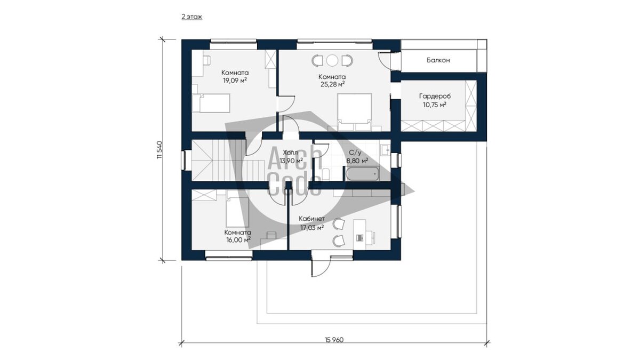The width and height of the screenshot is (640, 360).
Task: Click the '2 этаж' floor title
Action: pyautogui.click(x=191, y=17)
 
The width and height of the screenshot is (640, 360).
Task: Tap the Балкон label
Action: pyautogui.click(x=438, y=60)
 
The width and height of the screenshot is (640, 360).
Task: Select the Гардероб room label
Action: pyautogui.click(x=435, y=97)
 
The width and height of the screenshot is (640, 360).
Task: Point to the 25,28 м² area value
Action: pyautogui.click(x=332, y=84)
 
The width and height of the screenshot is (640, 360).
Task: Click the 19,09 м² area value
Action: pyautogui.click(x=235, y=81)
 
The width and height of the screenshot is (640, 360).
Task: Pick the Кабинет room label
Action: pyautogui.click(x=311, y=219)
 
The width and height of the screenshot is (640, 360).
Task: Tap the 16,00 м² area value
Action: pyautogui.click(x=238, y=239)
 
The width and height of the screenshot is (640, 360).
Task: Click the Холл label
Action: pyautogui.click(x=290, y=153)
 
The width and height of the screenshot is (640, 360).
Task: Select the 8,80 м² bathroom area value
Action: pyautogui.click(x=357, y=161)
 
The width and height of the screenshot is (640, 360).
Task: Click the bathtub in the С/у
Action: pyautogui.click(x=362, y=173)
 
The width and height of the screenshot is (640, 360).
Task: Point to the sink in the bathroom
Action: pyautogui.click(x=385, y=149)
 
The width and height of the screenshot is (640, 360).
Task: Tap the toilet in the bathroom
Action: pyautogui.click(x=326, y=174)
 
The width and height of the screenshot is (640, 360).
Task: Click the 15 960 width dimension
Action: pyautogui.click(x=334, y=340)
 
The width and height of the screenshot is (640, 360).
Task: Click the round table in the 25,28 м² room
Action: pyautogui.click(x=332, y=60)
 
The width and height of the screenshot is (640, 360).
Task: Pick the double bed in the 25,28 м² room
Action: pyautogui.click(x=355, y=112)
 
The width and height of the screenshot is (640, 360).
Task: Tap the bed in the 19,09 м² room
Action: pyautogui.click(x=211, y=103)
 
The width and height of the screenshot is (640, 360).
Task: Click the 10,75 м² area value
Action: pyautogui.click(x=435, y=105)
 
